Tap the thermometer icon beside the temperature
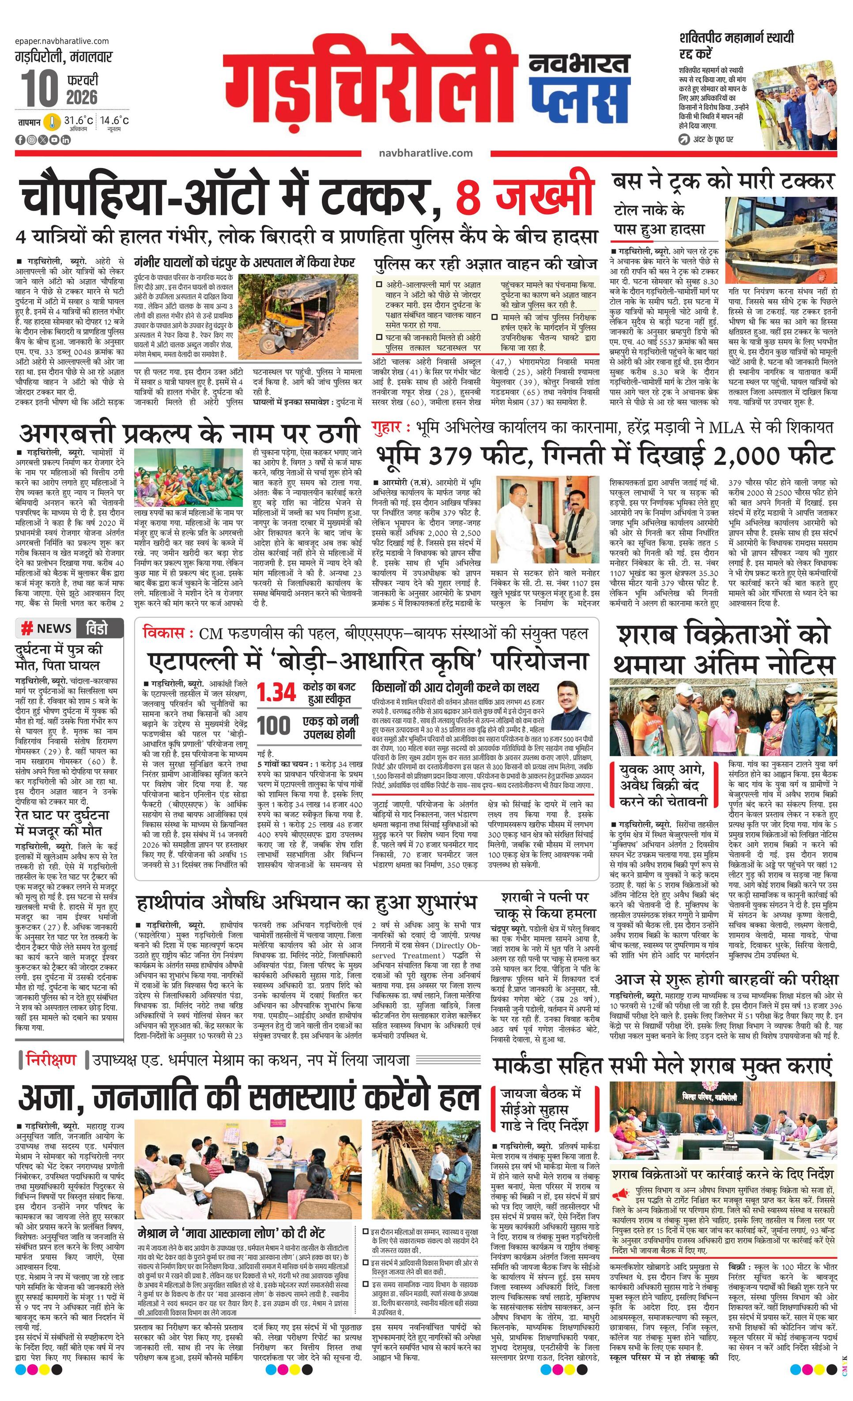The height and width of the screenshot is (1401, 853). click(x=52, y=122)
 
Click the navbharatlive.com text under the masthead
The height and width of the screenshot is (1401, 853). click(x=425, y=153)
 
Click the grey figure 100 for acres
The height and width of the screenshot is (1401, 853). click(x=274, y=726)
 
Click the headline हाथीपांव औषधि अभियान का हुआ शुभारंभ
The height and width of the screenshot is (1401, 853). click(x=306, y=903)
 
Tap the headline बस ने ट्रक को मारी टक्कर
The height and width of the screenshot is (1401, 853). click(x=723, y=181)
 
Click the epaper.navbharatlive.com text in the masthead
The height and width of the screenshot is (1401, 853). click(x=63, y=41)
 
